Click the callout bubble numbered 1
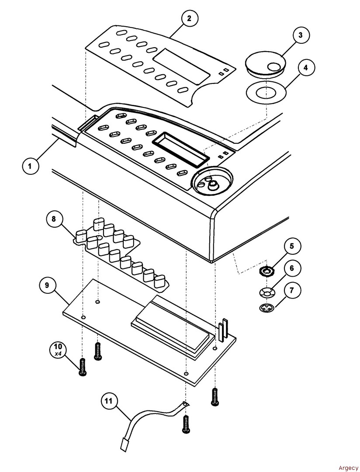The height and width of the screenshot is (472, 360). point(30,166)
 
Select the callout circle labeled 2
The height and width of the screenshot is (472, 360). point(189,18)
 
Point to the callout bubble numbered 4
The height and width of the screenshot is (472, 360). point(306,68)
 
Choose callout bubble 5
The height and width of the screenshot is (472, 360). point(292,246)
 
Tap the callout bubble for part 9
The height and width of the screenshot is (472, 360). point(46,285)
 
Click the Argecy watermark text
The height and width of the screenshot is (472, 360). point(348,467)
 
